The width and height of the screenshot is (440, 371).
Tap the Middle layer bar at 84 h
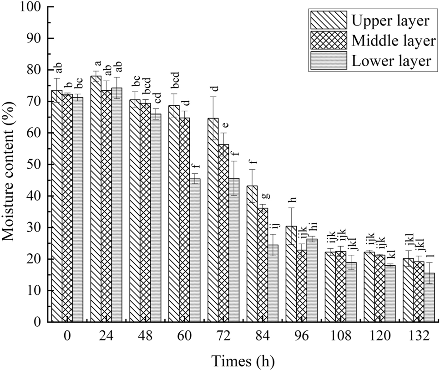(x=263, y=265)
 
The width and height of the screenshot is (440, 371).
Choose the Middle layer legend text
(x=394, y=41)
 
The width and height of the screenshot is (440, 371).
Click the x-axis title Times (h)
(x=243, y=361)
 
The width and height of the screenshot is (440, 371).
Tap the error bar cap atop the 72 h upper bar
(x=213, y=97)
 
